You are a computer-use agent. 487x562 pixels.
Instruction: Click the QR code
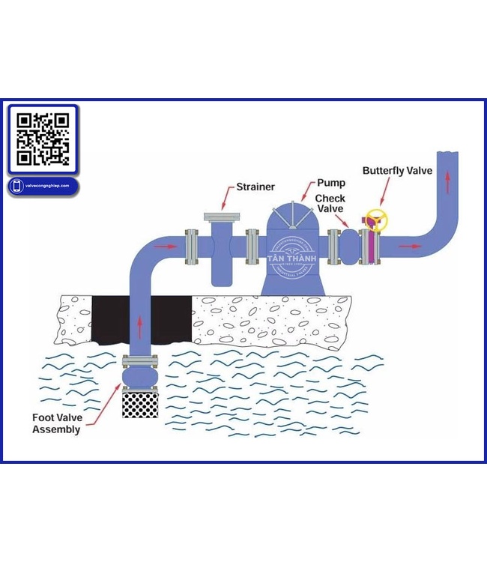coord(43,138)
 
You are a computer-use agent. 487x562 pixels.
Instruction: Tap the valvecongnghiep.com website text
coord(47,186)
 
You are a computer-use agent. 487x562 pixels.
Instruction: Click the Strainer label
coord(255,187)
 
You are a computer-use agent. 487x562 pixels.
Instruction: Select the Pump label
coord(330,182)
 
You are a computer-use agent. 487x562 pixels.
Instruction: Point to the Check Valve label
coord(330,204)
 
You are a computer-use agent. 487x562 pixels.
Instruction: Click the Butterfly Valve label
coord(397,171)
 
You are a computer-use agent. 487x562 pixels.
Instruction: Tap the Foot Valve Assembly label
coord(56,423)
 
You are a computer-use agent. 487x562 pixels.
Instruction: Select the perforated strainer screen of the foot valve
coord(139,405)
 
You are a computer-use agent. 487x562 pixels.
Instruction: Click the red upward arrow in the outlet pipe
coord(448,181)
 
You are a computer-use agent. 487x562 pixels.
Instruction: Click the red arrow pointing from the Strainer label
coord(226,199)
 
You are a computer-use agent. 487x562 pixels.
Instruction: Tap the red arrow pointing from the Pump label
coord(308,193)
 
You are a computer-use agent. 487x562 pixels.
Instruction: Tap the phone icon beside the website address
coord(16,186)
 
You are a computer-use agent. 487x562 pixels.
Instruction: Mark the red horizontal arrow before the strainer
coord(169,246)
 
